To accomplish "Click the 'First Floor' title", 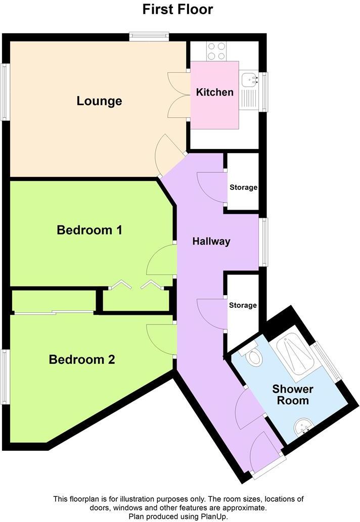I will pos(177,9).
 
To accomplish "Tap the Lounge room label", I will pos(99,101).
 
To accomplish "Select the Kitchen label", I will pos(215,92).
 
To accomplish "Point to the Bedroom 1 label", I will pos(89,230).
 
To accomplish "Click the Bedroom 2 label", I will pos(82,360).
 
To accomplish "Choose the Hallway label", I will pos(211,242).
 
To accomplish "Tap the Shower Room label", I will pos(293,395).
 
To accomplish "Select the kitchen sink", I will pos(250,79).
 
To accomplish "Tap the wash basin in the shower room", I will pos(304,429).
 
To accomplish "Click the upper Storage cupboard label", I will pos(243,187).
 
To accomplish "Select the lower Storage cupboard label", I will pos(243,306).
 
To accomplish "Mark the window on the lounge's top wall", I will pos(149,36).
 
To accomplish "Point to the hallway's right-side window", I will pos(263,242).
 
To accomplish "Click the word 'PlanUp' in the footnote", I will pos(215,516).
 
